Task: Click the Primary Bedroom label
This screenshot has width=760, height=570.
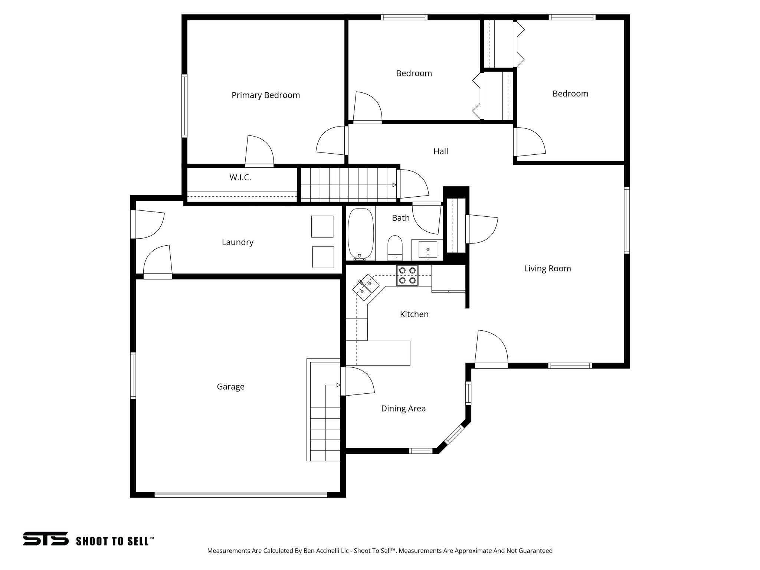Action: tap(266, 95)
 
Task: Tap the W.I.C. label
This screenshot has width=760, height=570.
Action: tap(240, 178)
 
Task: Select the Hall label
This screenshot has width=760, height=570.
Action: tap(440, 151)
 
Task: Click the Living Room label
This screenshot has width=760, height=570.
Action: tap(547, 268)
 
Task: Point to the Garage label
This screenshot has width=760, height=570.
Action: tap(230, 387)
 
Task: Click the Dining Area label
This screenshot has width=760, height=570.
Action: tap(403, 409)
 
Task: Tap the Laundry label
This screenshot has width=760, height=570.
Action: tap(237, 242)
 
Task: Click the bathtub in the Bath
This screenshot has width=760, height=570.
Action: tap(360, 234)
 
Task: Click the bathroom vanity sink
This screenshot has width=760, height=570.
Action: tap(428, 249)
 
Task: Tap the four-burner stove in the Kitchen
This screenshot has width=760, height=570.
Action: tap(407, 275)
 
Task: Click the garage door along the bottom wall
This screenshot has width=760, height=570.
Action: tap(240, 494)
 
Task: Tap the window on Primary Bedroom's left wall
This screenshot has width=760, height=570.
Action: tap(184, 106)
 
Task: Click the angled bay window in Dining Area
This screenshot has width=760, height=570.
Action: tap(454, 434)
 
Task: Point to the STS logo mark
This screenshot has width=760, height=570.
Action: tap(46, 538)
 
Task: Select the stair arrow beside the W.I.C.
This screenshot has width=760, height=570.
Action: tap(394, 184)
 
